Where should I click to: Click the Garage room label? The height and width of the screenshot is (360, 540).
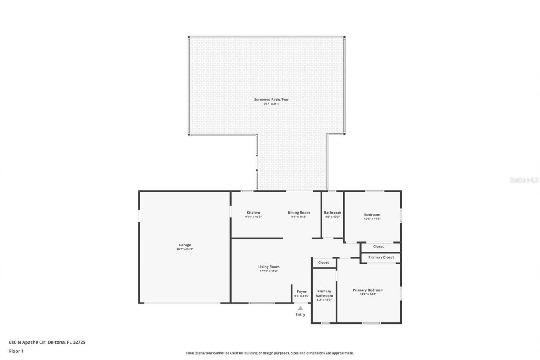(x=185, y=245)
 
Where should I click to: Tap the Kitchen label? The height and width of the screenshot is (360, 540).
(x=253, y=213)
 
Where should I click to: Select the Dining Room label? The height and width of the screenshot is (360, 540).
(x=299, y=213)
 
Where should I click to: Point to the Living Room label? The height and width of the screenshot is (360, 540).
(x=269, y=267)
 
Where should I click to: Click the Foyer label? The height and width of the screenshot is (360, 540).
(x=302, y=292)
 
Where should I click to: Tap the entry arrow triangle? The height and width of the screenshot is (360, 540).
(x=300, y=308)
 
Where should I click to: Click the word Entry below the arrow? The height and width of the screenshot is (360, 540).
(x=300, y=314)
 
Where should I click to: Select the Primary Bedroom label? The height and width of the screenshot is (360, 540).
(x=368, y=290)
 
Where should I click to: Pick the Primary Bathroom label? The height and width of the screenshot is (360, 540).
(x=324, y=293)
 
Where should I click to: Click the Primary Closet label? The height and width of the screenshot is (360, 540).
(x=381, y=257)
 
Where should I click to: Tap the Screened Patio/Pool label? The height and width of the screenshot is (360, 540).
(x=272, y=100)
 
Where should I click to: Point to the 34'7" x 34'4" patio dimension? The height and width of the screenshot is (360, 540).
(x=272, y=104)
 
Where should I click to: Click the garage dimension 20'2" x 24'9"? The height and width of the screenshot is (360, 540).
(x=185, y=249)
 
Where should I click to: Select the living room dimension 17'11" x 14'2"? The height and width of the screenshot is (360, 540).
(x=269, y=271)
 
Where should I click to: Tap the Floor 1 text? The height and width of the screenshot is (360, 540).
(x=16, y=351)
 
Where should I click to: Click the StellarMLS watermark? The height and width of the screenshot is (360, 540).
(x=524, y=180)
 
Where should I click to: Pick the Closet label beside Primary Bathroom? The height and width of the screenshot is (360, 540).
(x=323, y=263)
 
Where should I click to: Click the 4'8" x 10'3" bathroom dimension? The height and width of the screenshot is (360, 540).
(x=332, y=217)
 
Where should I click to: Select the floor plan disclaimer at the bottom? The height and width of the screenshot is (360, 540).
(x=270, y=353)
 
